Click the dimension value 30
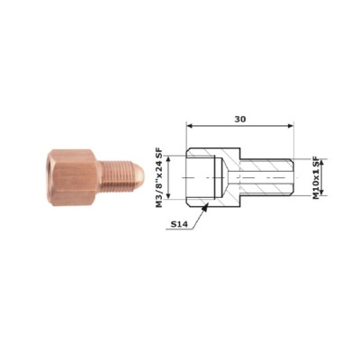(240, 119)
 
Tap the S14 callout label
(179, 224)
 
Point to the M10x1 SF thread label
(316, 176)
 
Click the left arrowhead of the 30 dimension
(189, 126)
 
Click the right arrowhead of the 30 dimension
(291, 126)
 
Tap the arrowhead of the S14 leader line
(205, 206)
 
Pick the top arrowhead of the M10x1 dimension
(322, 163)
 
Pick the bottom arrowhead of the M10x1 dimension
(322, 193)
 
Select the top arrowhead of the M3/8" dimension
(168, 158)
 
